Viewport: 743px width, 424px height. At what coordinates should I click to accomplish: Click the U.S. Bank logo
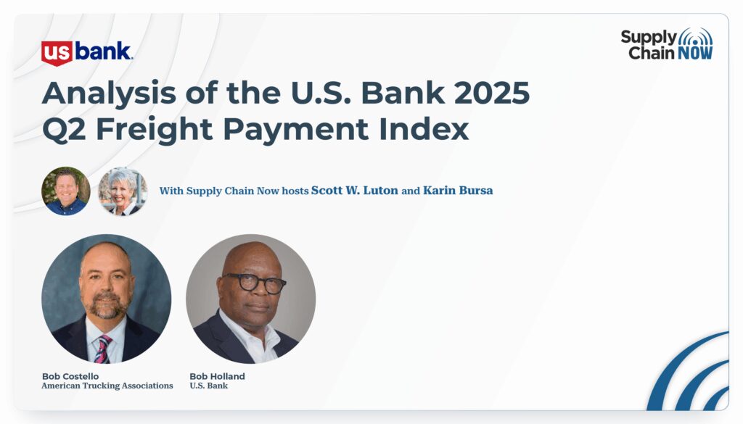(x=87, y=52)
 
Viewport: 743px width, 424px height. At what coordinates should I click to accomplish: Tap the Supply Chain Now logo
(x=667, y=44)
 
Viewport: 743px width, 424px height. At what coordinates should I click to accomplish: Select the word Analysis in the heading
(x=109, y=93)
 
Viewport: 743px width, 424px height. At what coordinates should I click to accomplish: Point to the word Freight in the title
(x=154, y=130)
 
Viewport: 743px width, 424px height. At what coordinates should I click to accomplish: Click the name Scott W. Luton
(x=354, y=190)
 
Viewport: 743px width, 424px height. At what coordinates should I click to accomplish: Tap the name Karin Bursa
(x=458, y=190)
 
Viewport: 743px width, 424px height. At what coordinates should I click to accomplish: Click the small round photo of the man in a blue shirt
(x=66, y=191)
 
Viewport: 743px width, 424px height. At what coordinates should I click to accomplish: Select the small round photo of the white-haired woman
(x=123, y=191)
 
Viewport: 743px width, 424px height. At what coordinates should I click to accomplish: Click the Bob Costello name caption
(x=70, y=376)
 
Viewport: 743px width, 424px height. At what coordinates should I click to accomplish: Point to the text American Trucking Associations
(x=107, y=386)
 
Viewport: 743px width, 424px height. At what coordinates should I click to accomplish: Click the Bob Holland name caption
(x=217, y=376)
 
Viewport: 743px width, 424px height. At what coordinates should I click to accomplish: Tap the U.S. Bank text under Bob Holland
(x=208, y=386)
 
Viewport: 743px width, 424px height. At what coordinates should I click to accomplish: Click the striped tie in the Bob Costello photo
(x=103, y=349)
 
